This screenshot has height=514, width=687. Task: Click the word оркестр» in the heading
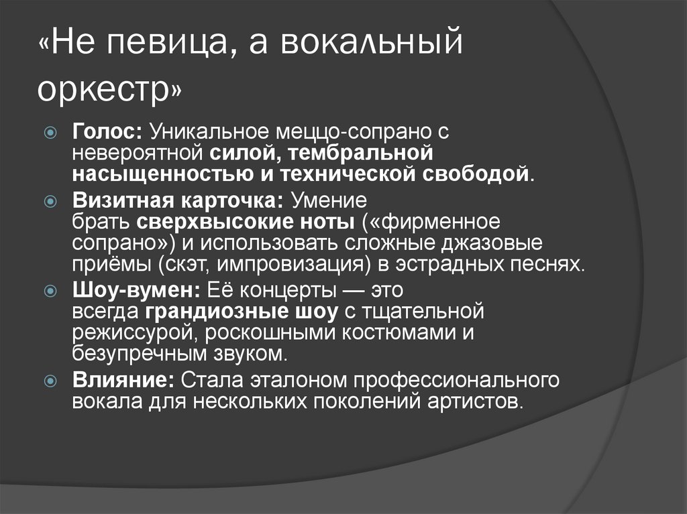(x=109, y=91)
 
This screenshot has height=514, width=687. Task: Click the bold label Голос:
(x=107, y=132)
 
